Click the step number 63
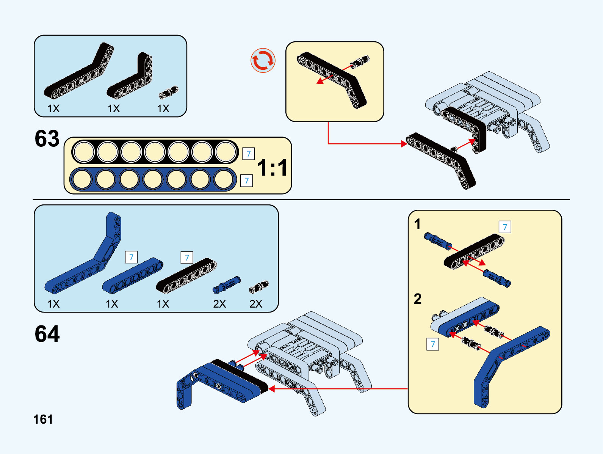(x=47, y=139)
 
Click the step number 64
(x=47, y=334)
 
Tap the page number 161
(x=43, y=419)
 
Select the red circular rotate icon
(x=263, y=60)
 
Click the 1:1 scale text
(x=272, y=168)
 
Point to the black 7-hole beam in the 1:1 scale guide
(x=155, y=152)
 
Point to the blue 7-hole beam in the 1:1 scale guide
(x=153, y=179)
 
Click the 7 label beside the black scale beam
(x=248, y=154)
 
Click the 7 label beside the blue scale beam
(x=246, y=181)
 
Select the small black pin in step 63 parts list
(x=168, y=92)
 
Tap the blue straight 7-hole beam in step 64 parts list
(x=132, y=276)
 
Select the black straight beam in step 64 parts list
(x=186, y=276)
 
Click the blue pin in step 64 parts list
(x=226, y=285)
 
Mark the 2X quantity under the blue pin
(x=219, y=304)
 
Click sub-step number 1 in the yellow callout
(x=417, y=224)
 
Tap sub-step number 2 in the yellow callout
(x=417, y=299)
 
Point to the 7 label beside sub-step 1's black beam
(x=504, y=227)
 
